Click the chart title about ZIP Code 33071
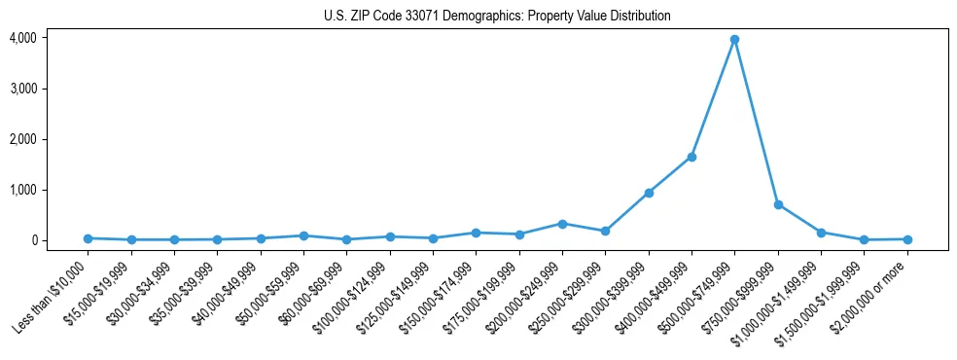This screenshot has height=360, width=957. pyautogui.click(x=497, y=16)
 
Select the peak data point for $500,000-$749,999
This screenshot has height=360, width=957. pyautogui.click(x=734, y=40)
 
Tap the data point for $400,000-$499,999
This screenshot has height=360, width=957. pyautogui.click(x=691, y=157)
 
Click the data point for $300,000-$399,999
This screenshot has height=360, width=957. pyautogui.click(x=649, y=193)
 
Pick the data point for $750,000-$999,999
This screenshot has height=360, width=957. pyautogui.click(x=778, y=204)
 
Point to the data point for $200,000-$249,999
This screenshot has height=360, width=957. pyautogui.click(x=562, y=224)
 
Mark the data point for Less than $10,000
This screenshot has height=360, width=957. pyautogui.click(x=88, y=238)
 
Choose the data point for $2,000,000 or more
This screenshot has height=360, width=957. pyautogui.click(x=907, y=239)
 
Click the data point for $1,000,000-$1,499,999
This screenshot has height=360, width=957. pyautogui.click(x=821, y=233)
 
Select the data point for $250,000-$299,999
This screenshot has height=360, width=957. pyautogui.click(x=605, y=231)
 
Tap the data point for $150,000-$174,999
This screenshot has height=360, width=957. pyautogui.click(x=476, y=233)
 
